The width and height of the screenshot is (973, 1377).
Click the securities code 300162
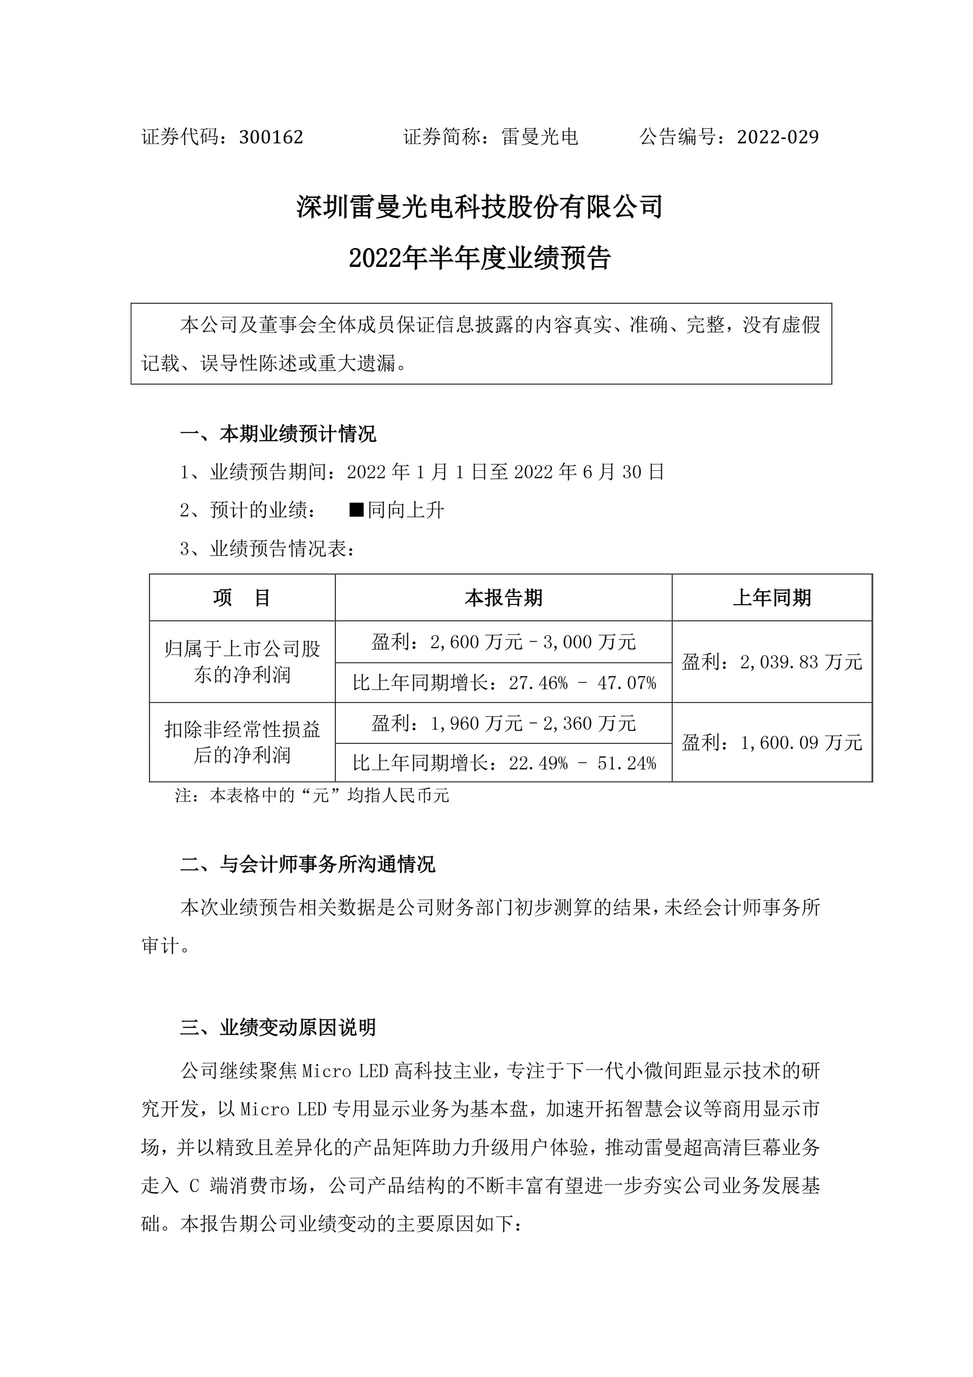click(271, 137)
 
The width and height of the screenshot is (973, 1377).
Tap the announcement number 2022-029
click(778, 137)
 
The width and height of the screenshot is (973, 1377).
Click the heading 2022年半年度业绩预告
click(479, 259)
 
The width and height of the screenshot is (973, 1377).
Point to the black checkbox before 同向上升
click(357, 510)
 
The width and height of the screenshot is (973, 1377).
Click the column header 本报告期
click(503, 597)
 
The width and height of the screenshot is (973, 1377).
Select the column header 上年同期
click(772, 597)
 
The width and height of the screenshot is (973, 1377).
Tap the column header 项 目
click(242, 597)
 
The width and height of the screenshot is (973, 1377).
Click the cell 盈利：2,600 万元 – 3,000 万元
click(503, 642)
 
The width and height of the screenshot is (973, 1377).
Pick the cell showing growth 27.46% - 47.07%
click(503, 683)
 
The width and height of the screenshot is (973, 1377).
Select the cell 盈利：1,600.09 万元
click(772, 743)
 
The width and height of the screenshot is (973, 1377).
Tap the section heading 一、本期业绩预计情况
click(278, 434)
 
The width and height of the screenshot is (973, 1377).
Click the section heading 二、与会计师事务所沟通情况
click(308, 864)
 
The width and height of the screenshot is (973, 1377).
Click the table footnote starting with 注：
click(312, 796)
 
